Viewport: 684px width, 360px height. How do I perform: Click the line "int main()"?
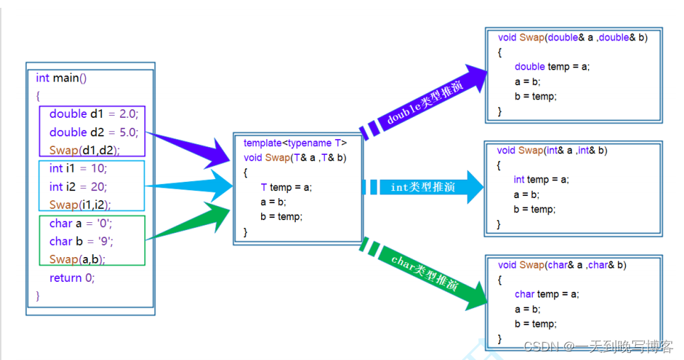point(61,77)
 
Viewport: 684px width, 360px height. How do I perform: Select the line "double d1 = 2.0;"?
point(94,114)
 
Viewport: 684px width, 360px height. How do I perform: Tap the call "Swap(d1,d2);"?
point(84,150)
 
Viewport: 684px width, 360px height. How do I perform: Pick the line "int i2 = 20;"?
point(78,187)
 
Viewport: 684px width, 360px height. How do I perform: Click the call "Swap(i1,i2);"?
point(80,204)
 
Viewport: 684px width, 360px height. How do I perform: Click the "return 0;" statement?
point(72,278)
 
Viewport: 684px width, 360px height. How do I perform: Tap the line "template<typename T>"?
point(295,143)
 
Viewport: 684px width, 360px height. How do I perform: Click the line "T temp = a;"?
point(286,187)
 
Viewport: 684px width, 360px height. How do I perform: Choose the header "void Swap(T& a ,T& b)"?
point(294,158)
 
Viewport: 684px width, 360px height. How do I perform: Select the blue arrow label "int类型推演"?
point(423,187)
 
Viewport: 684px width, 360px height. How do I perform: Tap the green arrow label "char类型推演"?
point(424,273)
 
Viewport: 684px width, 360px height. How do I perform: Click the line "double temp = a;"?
point(552,67)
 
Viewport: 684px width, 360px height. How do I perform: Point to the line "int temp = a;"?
point(541,180)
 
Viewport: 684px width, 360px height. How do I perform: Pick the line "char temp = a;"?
point(546,294)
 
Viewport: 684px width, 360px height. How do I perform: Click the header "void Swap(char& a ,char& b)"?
point(562,265)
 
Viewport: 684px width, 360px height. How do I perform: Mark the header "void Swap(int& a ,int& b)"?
point(552,151)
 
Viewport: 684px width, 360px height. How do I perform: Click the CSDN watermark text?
point(597,347)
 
